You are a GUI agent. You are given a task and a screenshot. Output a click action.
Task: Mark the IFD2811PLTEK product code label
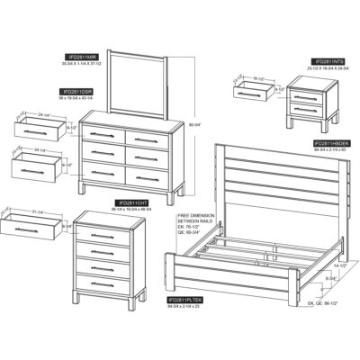click(184, 298)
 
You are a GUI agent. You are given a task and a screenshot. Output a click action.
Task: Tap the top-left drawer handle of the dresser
click(103, 134)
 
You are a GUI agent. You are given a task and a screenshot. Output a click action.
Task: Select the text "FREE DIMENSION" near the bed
click(196, 216)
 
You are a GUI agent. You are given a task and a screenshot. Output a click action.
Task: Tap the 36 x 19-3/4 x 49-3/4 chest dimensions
click(132, 210)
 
